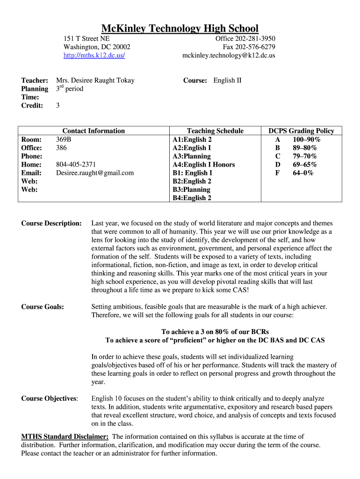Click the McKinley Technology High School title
pos(180,28)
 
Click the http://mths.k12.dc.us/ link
pos(94,55)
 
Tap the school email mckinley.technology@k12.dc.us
pos(229,55)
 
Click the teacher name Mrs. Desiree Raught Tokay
pos(95,80)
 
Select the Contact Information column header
pos(94,131)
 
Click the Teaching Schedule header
pos(215,131)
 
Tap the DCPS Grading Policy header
pos(301,131)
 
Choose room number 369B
pos(64,139)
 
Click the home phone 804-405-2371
pos(76,165)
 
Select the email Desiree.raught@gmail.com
pos(95,173)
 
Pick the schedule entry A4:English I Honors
pos(204,165)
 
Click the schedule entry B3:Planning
pos(192,190)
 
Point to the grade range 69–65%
pos(304,165)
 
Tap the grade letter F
pos(278,173)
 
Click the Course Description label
pos(51,224)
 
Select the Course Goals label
pos(43,307)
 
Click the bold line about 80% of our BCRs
pos(215,332)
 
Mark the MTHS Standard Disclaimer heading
pos(65,436)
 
